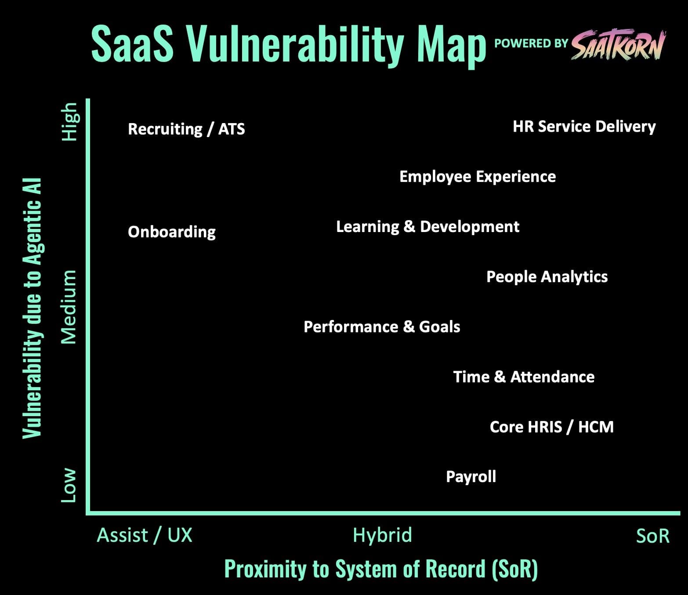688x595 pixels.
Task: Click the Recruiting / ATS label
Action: pos(186,129)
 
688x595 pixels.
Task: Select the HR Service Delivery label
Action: pos(584,127)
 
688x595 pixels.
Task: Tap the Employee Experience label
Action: pos(478,177)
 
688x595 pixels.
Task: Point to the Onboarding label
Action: pos(172,232)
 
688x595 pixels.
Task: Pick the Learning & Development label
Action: pos(427,227)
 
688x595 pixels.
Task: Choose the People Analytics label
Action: pos(547,277)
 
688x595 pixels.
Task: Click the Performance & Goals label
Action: pos(382,327)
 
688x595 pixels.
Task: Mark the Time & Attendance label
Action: pos(524,377)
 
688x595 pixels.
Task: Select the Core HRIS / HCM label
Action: pos(551,427)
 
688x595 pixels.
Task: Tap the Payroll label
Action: pos(471,477)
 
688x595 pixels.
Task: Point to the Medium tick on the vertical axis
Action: pos(69,307)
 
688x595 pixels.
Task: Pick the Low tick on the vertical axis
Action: pos(69,485)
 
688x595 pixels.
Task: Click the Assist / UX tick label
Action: pos(145,536)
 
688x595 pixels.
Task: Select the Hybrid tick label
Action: pos(382,536)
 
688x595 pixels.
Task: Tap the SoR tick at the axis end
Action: pos(652,537)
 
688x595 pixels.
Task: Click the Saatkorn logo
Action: pos(619,45)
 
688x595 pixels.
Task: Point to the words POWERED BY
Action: pos(531,44)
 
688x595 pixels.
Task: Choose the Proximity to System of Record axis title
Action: pos(381,569)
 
